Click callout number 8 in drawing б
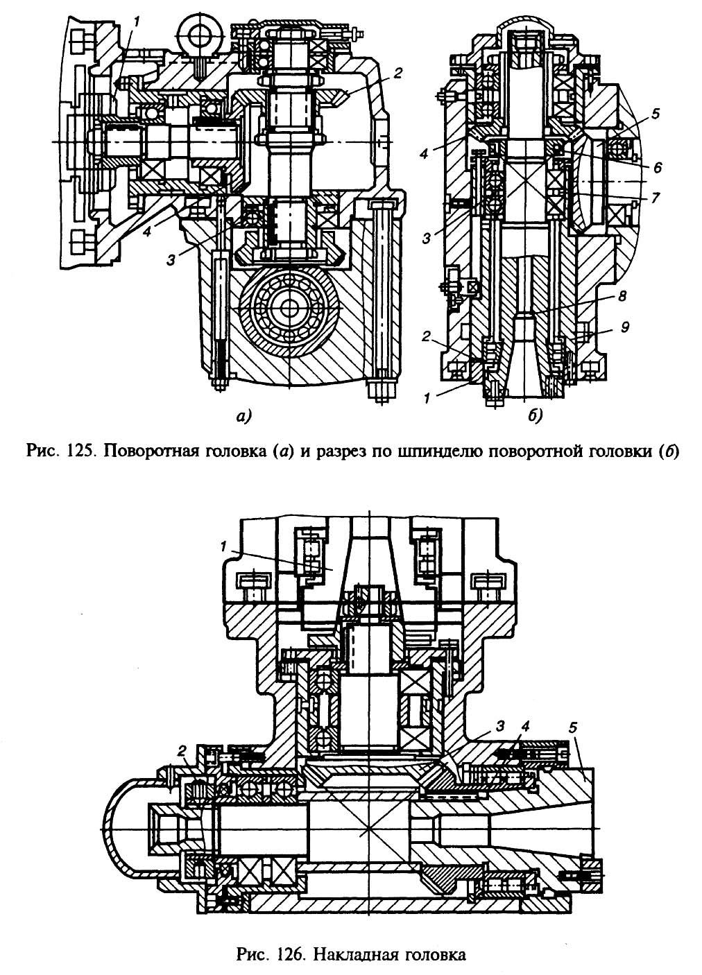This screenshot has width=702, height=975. click(x=622, y=296)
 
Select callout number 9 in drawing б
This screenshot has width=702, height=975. click(x=626, y=327)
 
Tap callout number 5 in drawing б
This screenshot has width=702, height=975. click(x=656, y=114)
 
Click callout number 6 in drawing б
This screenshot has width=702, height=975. click(x=658, y=167)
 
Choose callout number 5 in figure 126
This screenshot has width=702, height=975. click(x=573, y=727)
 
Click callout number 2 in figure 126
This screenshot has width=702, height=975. click(x=182, y=750)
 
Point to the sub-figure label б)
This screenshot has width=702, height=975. click(x=536, y=417)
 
